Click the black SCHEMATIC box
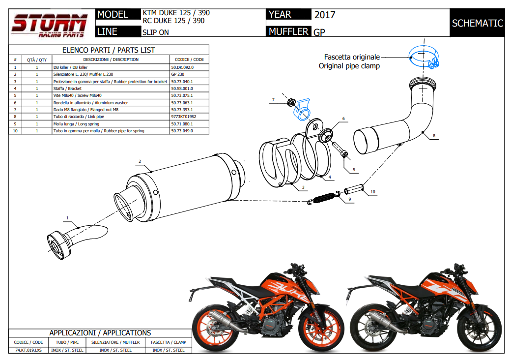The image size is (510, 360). tap(477, 23)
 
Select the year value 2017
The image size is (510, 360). tap(325, 15)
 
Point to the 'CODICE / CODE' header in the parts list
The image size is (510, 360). tap(189, 60)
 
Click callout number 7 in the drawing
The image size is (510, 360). tap(273, 100)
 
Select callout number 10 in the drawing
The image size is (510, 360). tap(373, 191)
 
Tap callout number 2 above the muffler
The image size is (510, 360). tap(140, 161)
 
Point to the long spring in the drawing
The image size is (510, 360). tap(322, 198)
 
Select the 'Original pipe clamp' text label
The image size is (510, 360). tap(349, 66)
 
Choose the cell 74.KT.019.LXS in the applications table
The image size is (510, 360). tap(28, 350)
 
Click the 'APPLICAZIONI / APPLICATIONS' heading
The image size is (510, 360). tap(100, 333)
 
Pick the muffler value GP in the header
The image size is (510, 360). tap(319, 32)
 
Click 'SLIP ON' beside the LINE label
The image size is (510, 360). tap(155, 32)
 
